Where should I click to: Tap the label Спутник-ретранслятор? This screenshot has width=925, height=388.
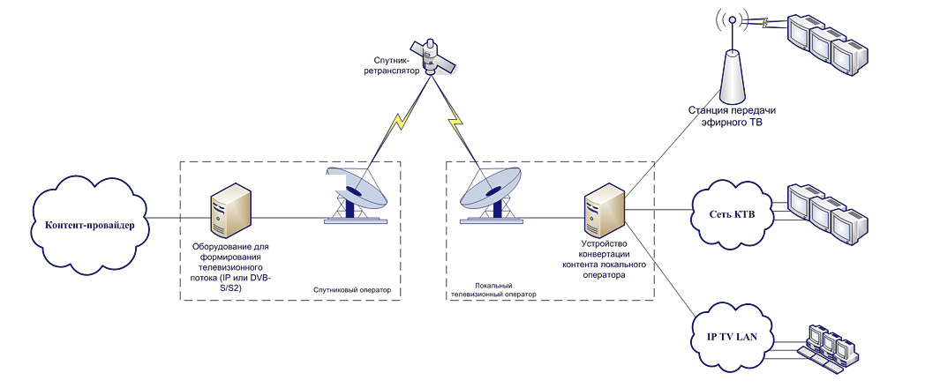pyautogui.click(x=395, y=65)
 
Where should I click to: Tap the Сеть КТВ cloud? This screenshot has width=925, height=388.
pyautogui.click(x=732, y=213)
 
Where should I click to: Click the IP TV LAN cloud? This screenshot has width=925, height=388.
pyautogui.click(x=732, y=336)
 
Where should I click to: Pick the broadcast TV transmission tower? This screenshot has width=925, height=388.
pyautogui.click(x=732, y=59)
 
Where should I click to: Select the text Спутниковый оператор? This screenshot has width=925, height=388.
pyautogui.click(x=353, y=291)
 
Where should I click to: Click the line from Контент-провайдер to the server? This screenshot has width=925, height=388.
pyautogui.click(x=178, y=219)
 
